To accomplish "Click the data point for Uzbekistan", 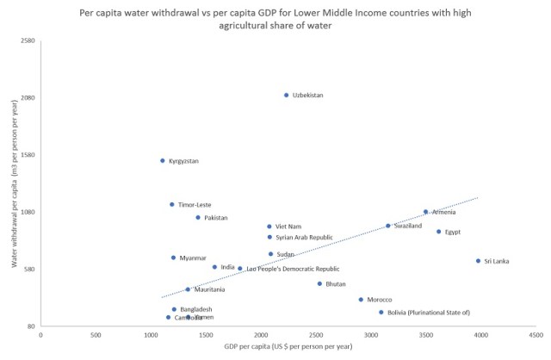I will point(287,95).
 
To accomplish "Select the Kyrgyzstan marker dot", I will point(162,160).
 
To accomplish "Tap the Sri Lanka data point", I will point(478,261).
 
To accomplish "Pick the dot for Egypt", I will point(438,232).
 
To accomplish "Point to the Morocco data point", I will point(361,300).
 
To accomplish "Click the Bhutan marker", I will point(319,283).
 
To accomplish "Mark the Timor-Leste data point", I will point(171,204).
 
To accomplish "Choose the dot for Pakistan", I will point(198,218).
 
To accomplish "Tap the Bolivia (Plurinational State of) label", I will point(429,313).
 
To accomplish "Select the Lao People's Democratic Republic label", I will point(293,270).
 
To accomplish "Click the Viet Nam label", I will point(288,227).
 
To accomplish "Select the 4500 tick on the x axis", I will point(535,334).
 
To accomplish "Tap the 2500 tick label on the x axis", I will point(316,334).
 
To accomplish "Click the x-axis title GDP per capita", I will point(288,346).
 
